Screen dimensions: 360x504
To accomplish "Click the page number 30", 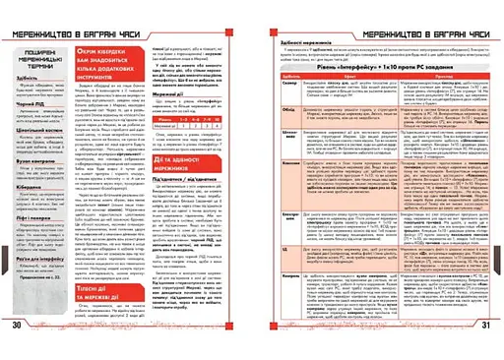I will [x=17, y=351].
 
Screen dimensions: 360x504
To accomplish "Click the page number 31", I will [x=487, y=351].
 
